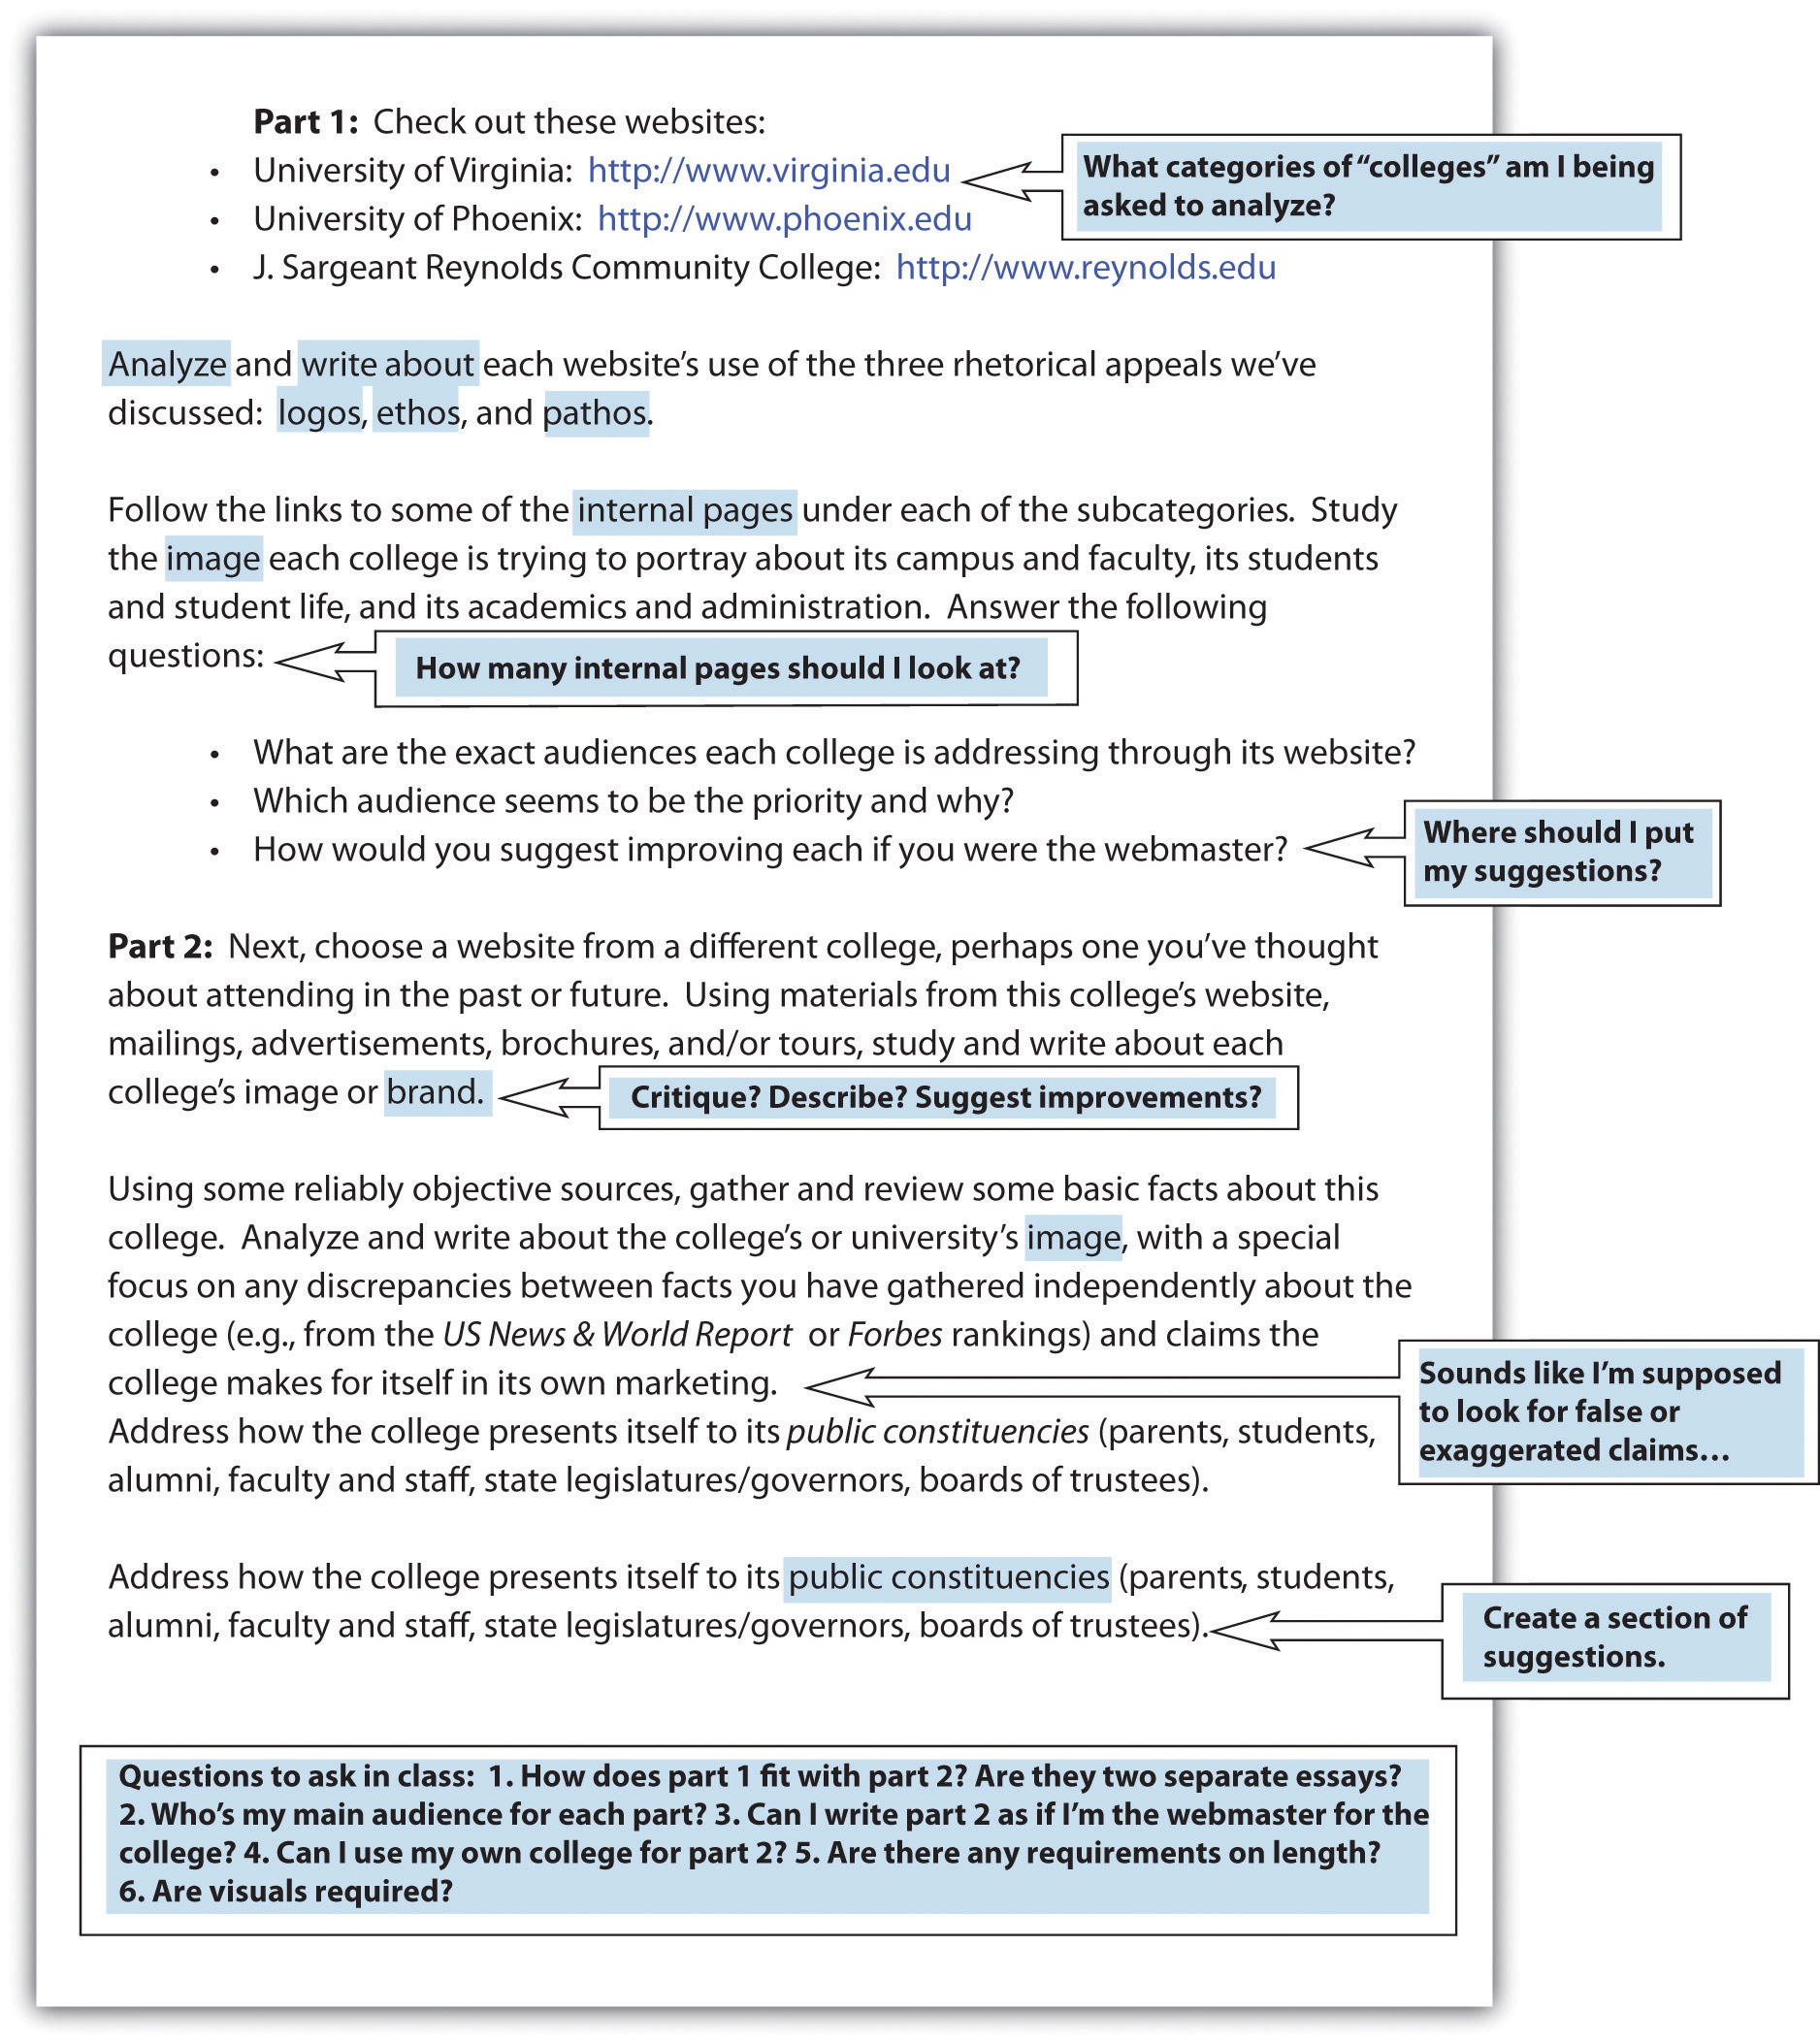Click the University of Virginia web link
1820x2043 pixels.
[x=768, y=171]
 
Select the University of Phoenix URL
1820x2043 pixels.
[x=784, y=219]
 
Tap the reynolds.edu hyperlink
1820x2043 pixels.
[x=1085, y=268]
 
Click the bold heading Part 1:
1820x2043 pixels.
[x=305, y=122]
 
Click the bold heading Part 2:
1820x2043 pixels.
[x=160, y=946]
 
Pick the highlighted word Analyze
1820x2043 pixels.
[x=167, y=364]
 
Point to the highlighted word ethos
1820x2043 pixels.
[x=418, y=413]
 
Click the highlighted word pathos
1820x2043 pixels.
[x=595, y=413]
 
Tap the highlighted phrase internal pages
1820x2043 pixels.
[x=685, y=510]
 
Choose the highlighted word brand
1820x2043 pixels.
[x=436, y=1092]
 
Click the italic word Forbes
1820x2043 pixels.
[x=895, y=1335]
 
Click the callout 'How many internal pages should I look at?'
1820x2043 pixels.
[x=718, y=668]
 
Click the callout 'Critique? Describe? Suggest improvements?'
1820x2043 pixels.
[x=946, y=1097]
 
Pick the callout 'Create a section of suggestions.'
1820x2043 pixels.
[x=1613, y=1637]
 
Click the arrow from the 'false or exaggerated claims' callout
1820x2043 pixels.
[x=1100, y=1387]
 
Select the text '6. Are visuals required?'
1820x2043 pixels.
[x=286, y=1891]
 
